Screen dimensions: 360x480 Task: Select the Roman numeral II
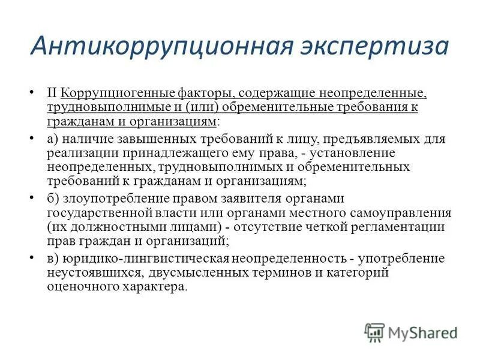click(52, 94)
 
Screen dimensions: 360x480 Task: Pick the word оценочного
click(81, 287)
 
